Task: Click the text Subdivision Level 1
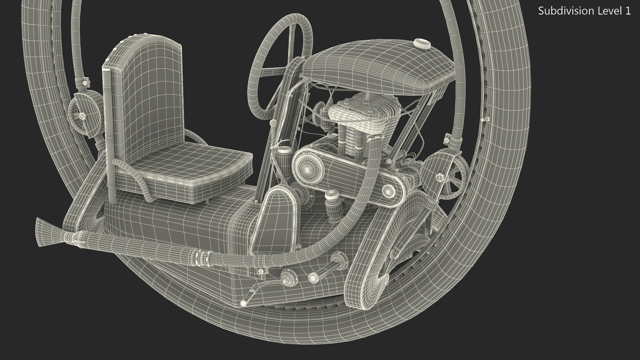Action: (x=584, y=11)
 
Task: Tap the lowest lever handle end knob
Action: (x=244, y=303)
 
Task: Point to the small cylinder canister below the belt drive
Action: (x=331, y=207)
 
